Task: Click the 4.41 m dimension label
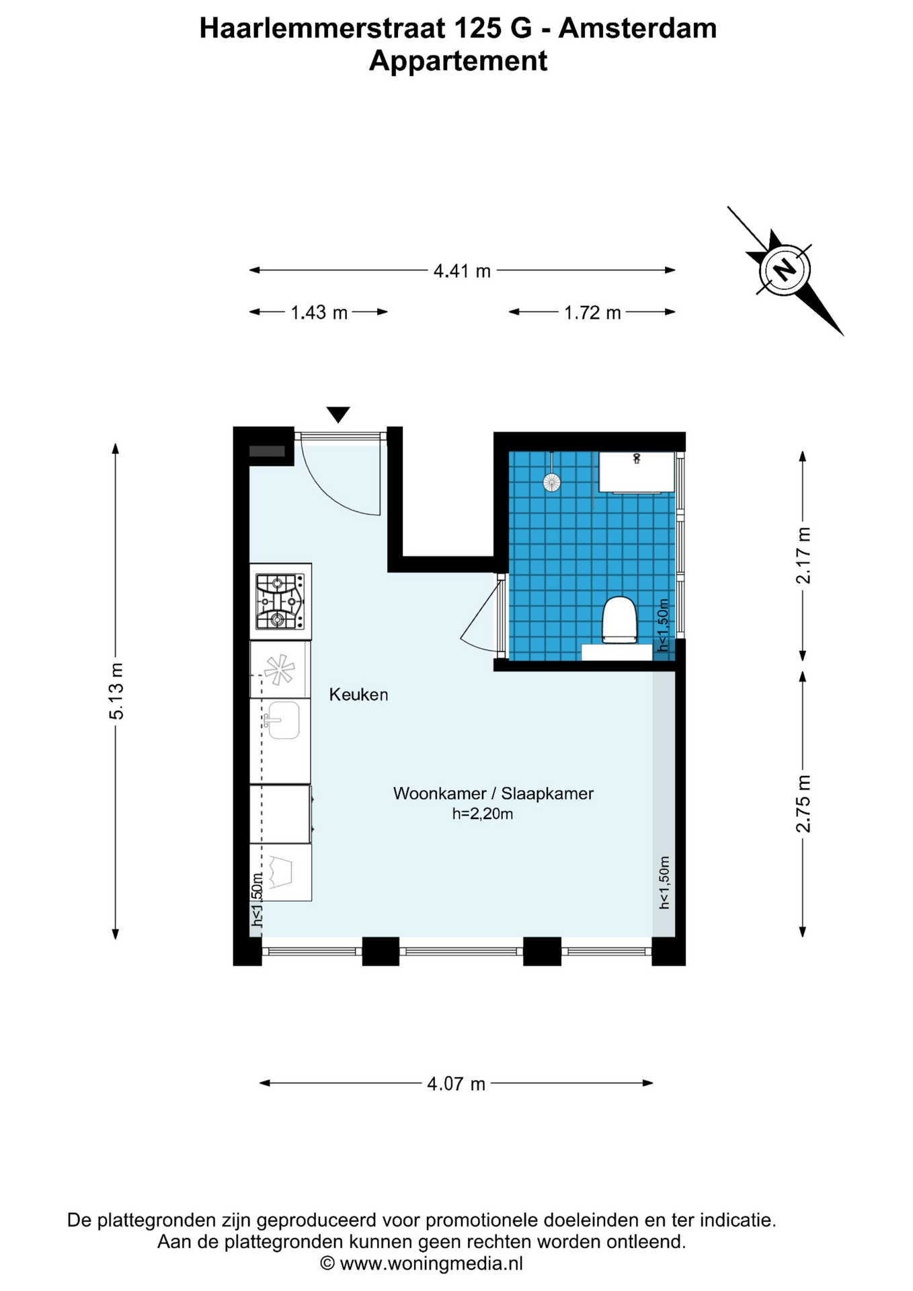pos(462,271)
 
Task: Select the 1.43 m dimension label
pos(319,313)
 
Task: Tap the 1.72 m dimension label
pos(592,313)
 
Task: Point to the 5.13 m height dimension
pos(116,691)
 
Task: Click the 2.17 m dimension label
pos(803,555)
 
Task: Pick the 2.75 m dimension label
pos(803,804)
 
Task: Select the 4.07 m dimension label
pos(456,1084)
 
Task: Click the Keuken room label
pos(358,695)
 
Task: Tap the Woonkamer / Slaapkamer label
pos(493,793)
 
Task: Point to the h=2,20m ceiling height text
pos(482,814)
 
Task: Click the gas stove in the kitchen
pos(280,601)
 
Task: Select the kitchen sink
pos(282,720)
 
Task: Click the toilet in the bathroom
pos(619,619)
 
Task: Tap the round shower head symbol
pos(552,482)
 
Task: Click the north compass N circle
pos(785,270)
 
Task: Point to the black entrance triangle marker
pos(338,414)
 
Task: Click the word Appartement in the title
pos(458,61)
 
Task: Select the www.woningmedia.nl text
pos(431,1263)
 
